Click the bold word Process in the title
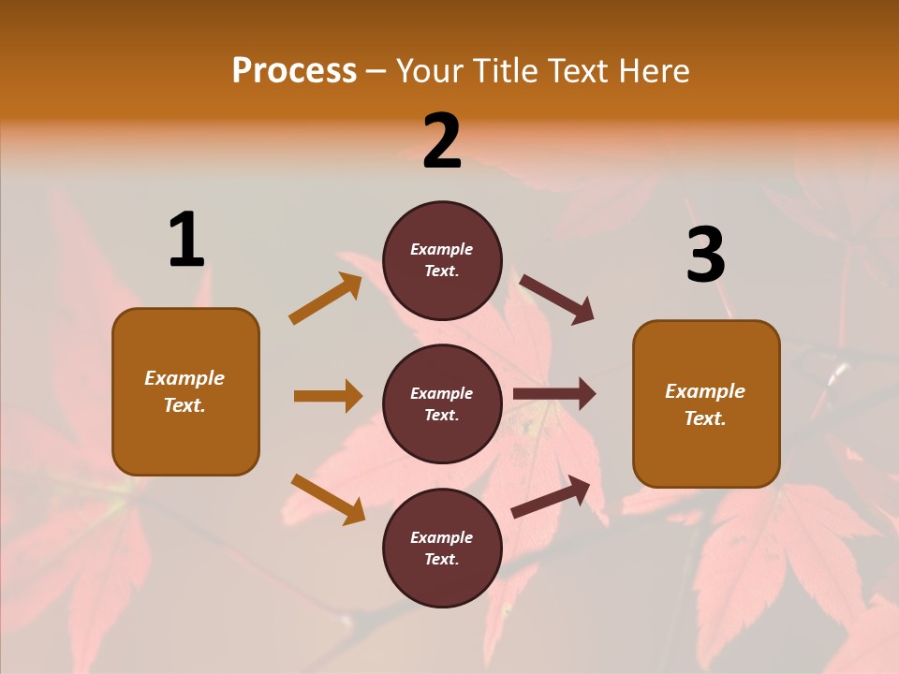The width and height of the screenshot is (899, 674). (x=294, y=71)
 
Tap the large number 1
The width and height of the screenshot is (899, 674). (x=186, y=240)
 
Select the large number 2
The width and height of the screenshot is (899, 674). (x=442, y=140)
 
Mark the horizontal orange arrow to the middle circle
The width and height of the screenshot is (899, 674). (x=328, y=396)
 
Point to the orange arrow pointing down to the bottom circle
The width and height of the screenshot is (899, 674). (x=328, y=499)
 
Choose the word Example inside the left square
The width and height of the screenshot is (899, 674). (x=184, y=378)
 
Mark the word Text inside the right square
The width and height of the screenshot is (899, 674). (x=704, y=418)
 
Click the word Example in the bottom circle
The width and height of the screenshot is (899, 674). (x=441, y=537)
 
